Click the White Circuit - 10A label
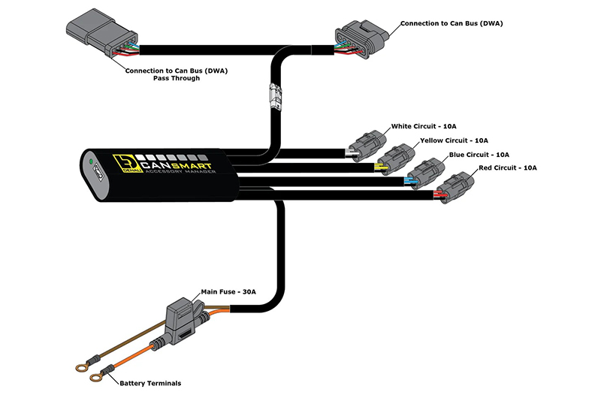click(x=424, y=126)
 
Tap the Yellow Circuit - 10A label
click(x=454, y=140)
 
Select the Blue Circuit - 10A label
click(x=479, y=155)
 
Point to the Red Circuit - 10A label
click(x=508, y=167)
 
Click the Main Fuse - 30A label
click(x=228, y=292)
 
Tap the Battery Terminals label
click(x=150, y=383)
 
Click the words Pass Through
click(x=177, y=78)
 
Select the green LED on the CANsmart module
click(x=91, y=161)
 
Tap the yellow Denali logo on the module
click(x=123, y=164)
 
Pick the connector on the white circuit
click(x=367, y=146)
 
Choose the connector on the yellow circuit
click(x=396, y=159)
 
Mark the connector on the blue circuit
click(x=424, y=173)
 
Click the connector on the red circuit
click(x=455, y=187)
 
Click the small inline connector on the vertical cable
click(x=276, y=97)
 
